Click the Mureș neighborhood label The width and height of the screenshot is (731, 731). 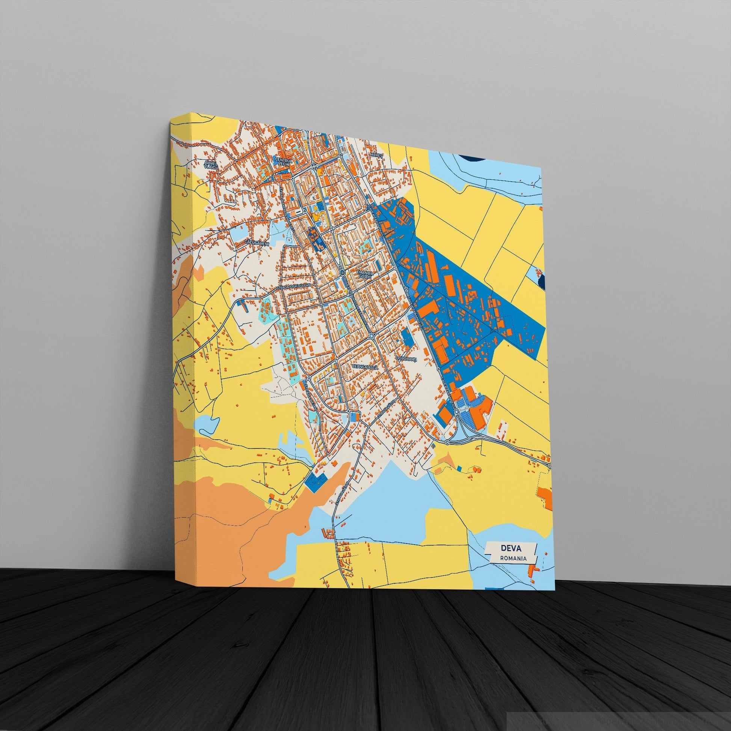point(376,156)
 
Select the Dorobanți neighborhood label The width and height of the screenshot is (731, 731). point(406,358)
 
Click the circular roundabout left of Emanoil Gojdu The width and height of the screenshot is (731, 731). point(343,272)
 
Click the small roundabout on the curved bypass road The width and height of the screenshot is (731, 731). point(447,442)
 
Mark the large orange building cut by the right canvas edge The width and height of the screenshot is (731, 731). point(545,497)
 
